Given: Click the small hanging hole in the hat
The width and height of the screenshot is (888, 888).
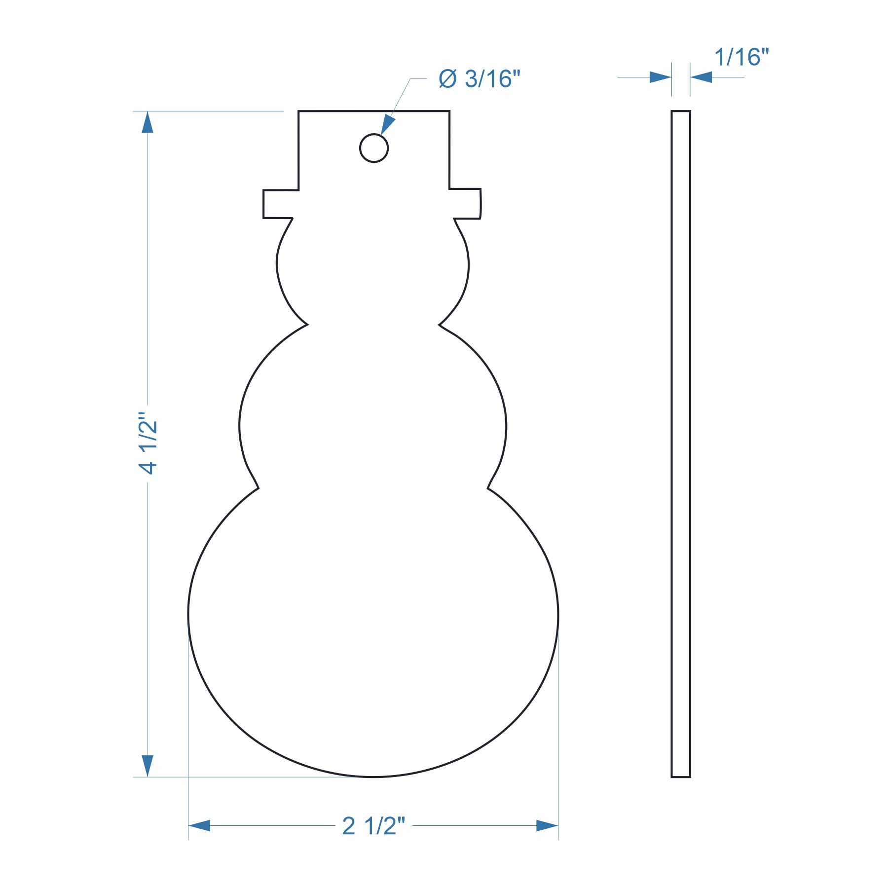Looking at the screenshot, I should [x=374, y=148].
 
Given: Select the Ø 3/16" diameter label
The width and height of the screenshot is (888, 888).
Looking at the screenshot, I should [x=480, y=79].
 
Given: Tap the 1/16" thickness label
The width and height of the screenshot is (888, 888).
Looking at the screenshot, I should [x=741, y=57].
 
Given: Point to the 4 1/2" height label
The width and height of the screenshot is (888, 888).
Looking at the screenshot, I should [x=148, y=443].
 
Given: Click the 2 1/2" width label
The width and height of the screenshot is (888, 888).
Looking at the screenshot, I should [x=373, y=826].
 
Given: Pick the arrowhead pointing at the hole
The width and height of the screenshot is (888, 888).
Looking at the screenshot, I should [x=387, y=125].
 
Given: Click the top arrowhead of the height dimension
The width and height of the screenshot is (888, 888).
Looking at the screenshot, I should [x=148, y=122].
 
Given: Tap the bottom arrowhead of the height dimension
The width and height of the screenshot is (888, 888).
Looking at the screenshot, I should [x=148, y=766].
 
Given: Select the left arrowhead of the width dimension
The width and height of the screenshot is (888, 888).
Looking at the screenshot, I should [x=199, y=825].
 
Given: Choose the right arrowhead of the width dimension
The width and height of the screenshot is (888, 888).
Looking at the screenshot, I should [x=547, y=825].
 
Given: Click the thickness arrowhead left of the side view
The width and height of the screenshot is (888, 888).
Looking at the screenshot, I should [x=661, y=77].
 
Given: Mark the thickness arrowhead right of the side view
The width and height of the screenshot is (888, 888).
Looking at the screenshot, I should [x=701, y=77].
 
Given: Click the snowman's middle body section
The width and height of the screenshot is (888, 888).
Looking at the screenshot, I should [x=373, y=419].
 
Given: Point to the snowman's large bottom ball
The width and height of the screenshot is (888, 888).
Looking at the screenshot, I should [x=373, y=622].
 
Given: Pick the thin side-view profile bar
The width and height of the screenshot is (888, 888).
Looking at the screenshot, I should [x=681, y=444].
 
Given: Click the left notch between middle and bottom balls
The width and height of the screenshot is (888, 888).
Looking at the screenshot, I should [x=258, y=488].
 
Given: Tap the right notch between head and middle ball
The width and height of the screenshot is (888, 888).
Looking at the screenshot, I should [x=440, y=325].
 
